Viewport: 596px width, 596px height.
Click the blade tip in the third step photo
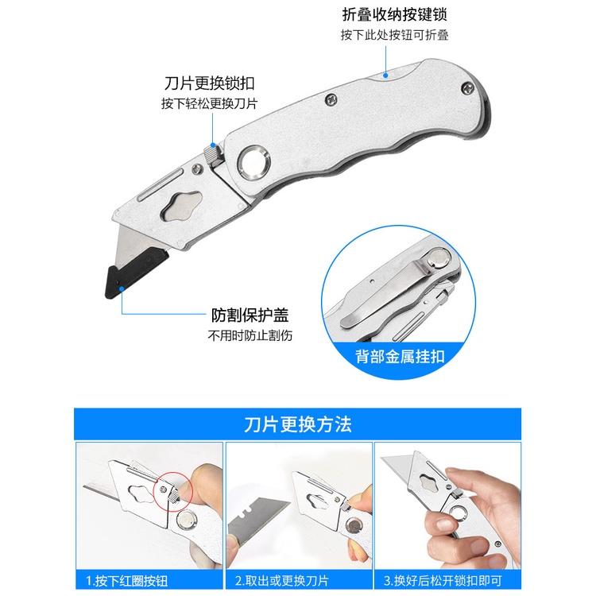coord(393,461)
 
